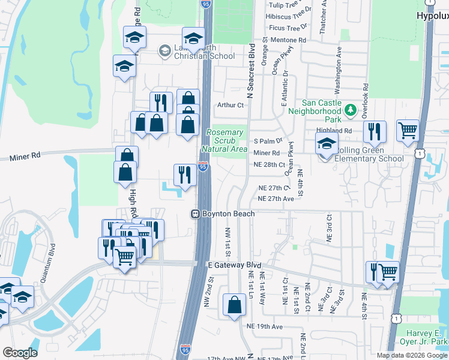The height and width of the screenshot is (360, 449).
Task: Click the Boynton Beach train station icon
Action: click(x=195, y=214)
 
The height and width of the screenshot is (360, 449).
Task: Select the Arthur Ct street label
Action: click(x=231, y=105)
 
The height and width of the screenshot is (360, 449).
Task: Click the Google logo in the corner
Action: click(x=20, y=353)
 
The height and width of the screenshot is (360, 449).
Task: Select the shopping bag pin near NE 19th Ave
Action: click(x=234, y=305)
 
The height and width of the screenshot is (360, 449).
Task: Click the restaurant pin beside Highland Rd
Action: click(x=375, y=131)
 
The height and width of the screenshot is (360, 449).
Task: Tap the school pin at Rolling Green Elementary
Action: click(x=327, y=144)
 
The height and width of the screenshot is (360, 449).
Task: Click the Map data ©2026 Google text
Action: click(x=412, y=355)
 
